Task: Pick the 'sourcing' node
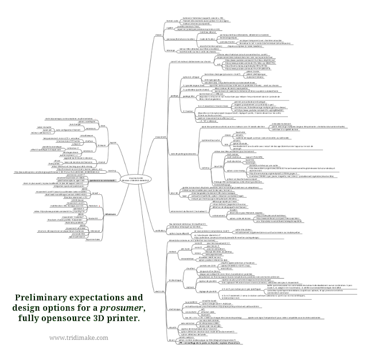click(x=111, y=170)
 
